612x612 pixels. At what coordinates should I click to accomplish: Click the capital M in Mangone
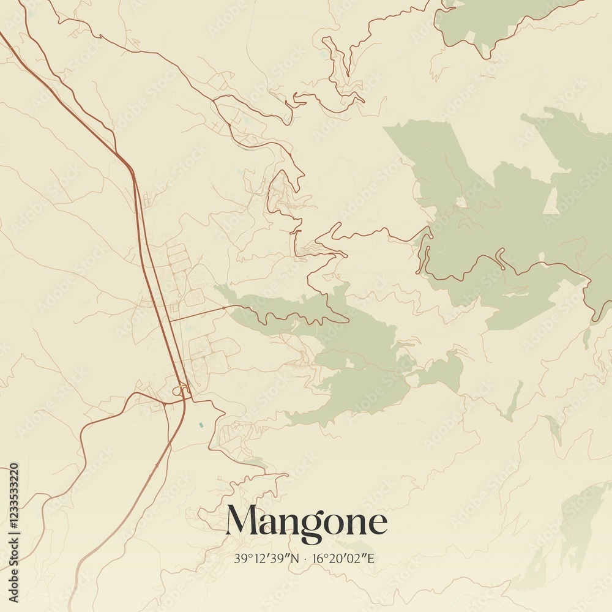242,521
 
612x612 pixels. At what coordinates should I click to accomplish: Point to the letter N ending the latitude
296,558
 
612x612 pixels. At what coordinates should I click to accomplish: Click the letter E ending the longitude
370,558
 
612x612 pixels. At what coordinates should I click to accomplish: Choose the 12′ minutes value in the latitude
257,558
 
